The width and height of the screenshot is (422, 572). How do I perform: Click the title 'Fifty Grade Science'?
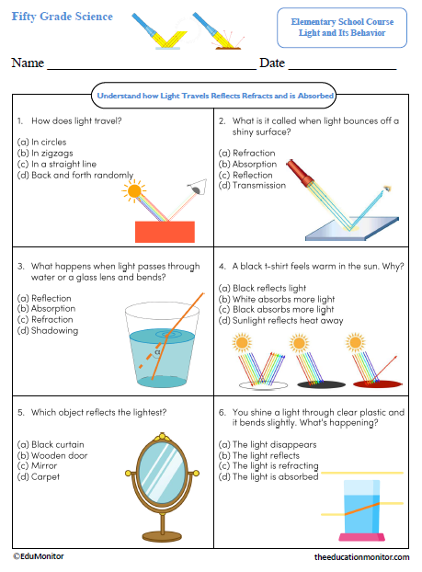click(x=63, y=17)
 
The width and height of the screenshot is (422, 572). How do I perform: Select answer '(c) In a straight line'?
click(x=58, y=163)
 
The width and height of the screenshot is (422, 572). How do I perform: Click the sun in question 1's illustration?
click(x=136, y=191)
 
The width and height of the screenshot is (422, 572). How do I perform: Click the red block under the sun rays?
click(x=165, y=231)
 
